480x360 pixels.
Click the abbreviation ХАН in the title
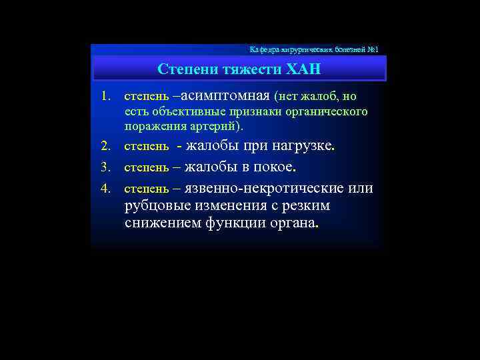pyautogui.click(x=303, y=69)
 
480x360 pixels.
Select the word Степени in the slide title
pyautogui.click(x=182, y=69)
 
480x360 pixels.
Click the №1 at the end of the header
pyautogui.click(x=372, y=50)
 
